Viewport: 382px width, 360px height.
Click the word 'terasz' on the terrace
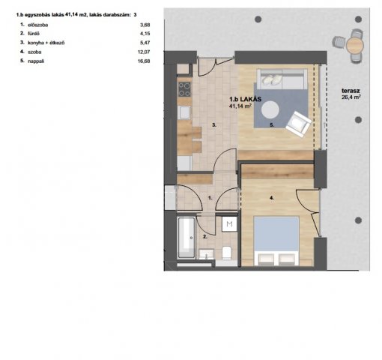(351, 91)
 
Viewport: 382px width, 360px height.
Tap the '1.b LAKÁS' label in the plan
(246, 99)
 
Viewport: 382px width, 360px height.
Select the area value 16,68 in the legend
(144, 61)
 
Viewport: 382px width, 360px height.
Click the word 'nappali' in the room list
(36, 61)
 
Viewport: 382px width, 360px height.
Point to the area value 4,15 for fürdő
(145, 34)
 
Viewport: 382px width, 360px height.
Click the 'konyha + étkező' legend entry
(46, 43)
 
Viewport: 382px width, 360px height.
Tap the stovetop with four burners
(184, 89)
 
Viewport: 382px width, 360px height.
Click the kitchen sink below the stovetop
(184, 112)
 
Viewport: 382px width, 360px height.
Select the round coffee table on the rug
(270, 109)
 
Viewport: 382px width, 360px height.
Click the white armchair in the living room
(298, 124)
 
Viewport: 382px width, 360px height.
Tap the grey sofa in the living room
(282, 79)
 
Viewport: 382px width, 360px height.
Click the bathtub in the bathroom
(187, 238)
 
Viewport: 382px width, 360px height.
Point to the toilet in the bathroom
(227, 253)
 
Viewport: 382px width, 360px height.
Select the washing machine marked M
(229, 223)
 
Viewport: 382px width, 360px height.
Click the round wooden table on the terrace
(355, 45)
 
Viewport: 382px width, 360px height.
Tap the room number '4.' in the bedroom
(272, 198)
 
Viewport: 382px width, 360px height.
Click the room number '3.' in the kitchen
(214, 125)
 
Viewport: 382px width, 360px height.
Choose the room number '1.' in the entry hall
(210, 198)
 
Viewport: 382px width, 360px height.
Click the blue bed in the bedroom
(276, 241)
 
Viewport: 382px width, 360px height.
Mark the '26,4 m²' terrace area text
(351, 97)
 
